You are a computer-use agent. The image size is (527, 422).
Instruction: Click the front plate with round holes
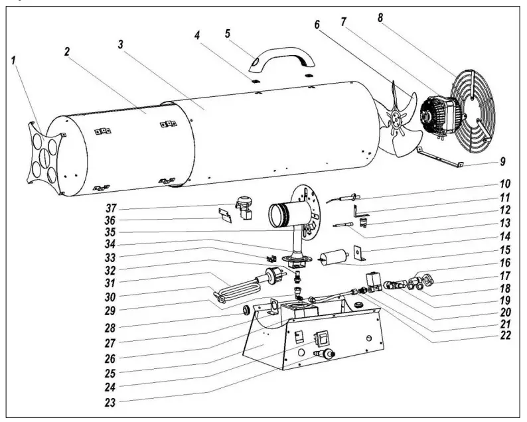point(45,154)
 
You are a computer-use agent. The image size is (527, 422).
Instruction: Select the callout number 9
point(502,161)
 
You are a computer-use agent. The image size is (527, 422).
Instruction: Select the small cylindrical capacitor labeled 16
point(334,258)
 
